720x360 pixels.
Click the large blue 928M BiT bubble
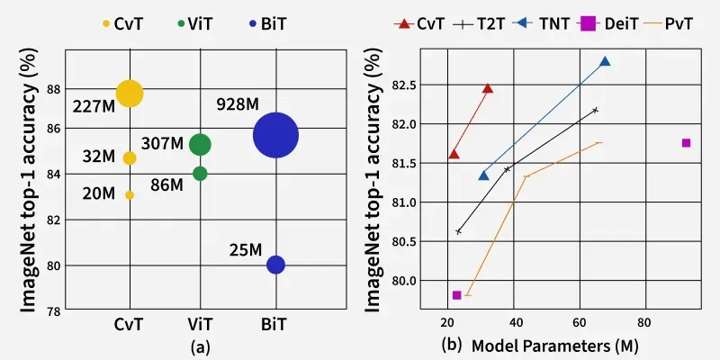click(x=276, y=135)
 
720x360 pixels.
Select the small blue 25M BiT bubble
click(x=276, y=265)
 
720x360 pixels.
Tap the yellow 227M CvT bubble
click(x=130, y=94)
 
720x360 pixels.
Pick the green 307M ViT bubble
click(x=200, y=144)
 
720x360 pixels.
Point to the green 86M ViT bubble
click(x=200, y=174)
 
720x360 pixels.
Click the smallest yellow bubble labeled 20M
click(x=130, y=194)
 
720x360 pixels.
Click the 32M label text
click(x=98, y=157)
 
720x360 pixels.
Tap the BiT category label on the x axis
click(x=276, y=322)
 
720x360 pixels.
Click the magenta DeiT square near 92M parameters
click(x=686, y=142)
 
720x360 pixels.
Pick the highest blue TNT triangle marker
click(x=605, y=62)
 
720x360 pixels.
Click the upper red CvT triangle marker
click(x=488, y=88)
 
